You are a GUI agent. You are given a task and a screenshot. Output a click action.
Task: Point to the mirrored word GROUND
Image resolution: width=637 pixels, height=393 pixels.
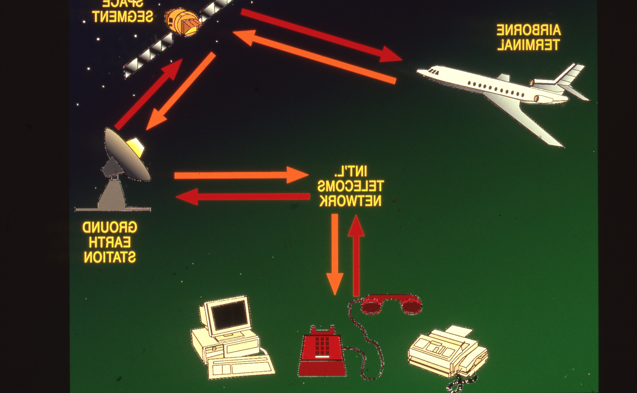pyautogui.click(x=110, y=228)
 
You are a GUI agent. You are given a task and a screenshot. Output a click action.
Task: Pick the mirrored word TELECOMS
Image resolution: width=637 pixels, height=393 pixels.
pyautogui.click(x=350, y=186)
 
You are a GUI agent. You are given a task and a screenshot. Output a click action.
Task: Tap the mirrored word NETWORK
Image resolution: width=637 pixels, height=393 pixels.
pyautogui.click(x=350, y=201)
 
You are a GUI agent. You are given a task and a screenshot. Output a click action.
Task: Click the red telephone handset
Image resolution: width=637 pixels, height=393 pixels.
pyautogui.click(x=391, y=304)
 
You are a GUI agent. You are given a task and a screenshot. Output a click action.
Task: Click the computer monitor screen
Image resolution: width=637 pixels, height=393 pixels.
pyautogui.click(x=229, y=315)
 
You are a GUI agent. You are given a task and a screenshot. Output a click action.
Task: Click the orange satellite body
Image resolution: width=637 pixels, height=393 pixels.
pyautogui.click(x=182, y=22)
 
